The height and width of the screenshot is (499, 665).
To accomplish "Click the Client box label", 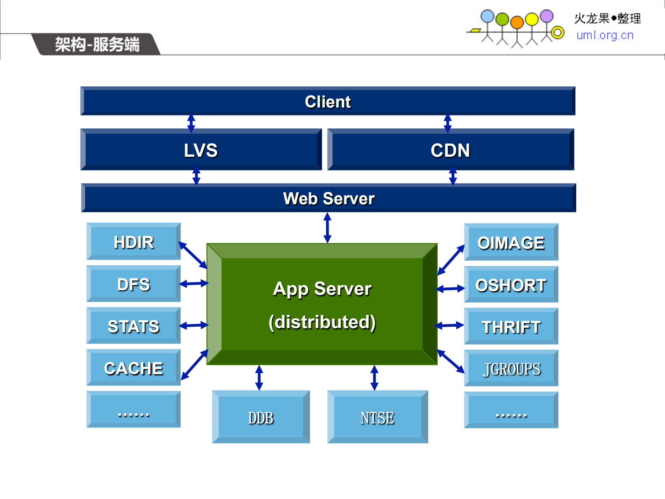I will point(327,102).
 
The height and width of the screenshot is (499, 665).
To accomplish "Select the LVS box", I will point(201,150).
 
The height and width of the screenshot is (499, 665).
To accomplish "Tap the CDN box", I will point(450,150).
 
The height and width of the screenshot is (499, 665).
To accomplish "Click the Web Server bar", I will point(329,198).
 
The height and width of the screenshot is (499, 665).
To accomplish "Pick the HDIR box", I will point(133,242).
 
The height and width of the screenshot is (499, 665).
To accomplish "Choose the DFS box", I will point(133,284).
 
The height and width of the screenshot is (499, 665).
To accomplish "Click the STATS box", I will point(133,326).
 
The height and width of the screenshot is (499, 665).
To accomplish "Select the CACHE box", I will point(133,368).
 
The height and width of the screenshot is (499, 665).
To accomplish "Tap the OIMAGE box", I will point(511,242).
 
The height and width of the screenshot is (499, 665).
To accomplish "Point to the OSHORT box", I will point(511,285).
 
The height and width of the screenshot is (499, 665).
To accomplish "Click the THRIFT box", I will point(511,327).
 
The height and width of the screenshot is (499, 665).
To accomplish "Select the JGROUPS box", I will point(511,369).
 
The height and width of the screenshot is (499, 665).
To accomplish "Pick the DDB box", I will point(261,417).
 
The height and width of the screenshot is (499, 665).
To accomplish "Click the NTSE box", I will point(377,417).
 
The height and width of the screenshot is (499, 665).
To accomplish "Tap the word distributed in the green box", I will point(322,322).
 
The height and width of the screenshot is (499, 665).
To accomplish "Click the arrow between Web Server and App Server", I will point(327,228).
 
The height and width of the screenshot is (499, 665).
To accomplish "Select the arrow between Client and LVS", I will point(191,123).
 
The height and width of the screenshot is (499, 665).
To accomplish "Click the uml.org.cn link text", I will point(605,35).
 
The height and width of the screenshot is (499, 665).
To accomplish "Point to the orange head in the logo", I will point(517,22).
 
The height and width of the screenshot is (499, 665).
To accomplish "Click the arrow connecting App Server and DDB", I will point(259,378).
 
